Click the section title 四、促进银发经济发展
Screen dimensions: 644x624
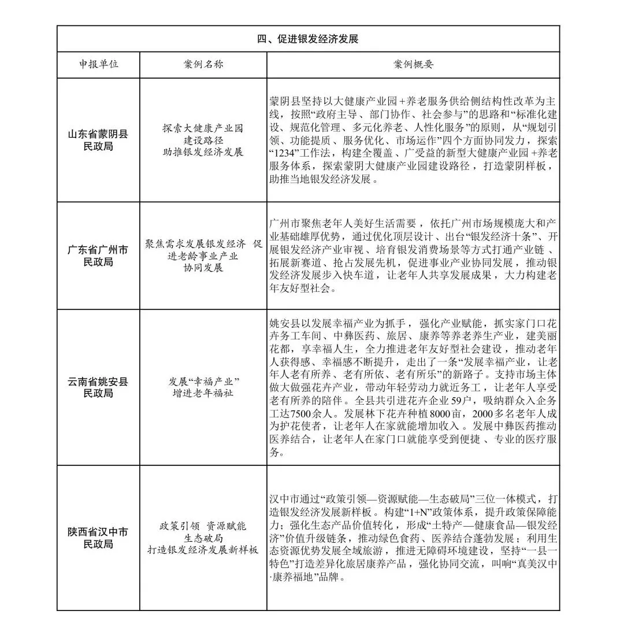click(x=308, y=39)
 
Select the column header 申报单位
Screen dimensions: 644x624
click(x=99, y=65)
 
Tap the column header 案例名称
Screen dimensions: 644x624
click(x=203, y=65)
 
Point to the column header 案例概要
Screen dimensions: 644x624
click(x=413, y=65)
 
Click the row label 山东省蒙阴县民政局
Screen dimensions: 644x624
click(x=98, y=140)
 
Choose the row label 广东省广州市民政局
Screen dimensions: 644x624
click(x=98, y=256)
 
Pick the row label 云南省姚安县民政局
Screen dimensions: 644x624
click(x=98, y=387)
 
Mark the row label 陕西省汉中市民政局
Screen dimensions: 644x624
click(x=98, y=538)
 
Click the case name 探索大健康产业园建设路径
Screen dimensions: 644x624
click(x=203, y=140)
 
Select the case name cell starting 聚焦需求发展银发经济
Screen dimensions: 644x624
click(x=203, y=256)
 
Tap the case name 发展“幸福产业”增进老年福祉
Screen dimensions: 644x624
click(x=203, y=387)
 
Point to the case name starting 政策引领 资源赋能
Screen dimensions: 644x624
click(x=203, y=538)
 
